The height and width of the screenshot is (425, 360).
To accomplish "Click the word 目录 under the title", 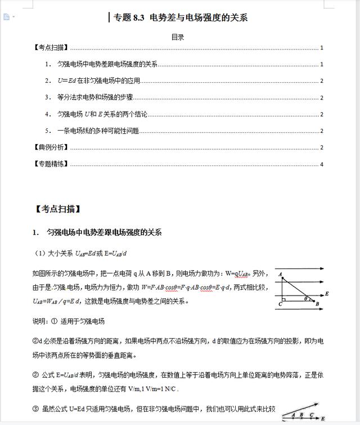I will coord(178,37).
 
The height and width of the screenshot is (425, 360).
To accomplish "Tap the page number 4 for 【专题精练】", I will coord(322,164).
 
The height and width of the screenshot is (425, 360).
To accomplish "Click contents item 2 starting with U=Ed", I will coord(98,81).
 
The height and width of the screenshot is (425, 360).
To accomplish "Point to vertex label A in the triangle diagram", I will coord(279,274).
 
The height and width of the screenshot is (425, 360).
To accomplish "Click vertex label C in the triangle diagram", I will coord(280,304).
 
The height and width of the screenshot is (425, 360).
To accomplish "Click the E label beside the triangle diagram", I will coord(327,293).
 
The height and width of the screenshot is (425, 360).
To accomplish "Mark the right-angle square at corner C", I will coord(283,299).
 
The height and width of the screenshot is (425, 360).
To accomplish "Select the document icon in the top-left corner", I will coord(6,17).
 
